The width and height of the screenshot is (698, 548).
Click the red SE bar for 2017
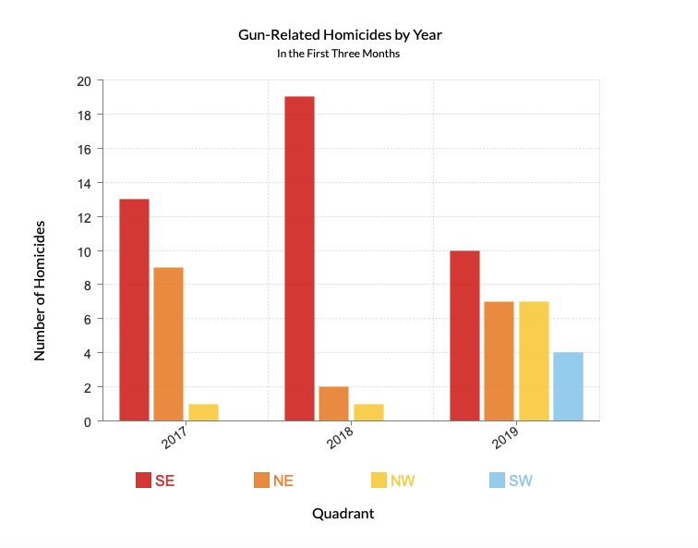click(134, 310)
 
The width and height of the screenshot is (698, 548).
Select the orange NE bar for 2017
click(168, 344)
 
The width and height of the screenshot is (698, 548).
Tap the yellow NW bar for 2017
click(203, 412)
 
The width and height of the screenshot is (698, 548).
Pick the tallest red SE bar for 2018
click(299, 259)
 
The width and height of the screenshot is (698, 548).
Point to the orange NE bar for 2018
click(333, 404)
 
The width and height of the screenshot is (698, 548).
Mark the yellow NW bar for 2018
click(367, 412)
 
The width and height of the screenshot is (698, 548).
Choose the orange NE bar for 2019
click(499, 360)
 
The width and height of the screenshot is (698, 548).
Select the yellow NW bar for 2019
click(534, 360)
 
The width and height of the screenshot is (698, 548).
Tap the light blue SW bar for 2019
click(568, 386)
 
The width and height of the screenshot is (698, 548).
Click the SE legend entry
click(155, 481)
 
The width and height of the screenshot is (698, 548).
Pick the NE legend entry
click(273, 481)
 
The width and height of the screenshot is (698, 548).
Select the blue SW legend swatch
click(496, 481)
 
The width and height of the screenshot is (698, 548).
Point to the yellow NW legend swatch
click(379, 481)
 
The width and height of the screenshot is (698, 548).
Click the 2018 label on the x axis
click(341, 438)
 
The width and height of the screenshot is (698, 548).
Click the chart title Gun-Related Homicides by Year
click(343, 36)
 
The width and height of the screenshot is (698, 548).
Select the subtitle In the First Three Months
click(343, 54)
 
